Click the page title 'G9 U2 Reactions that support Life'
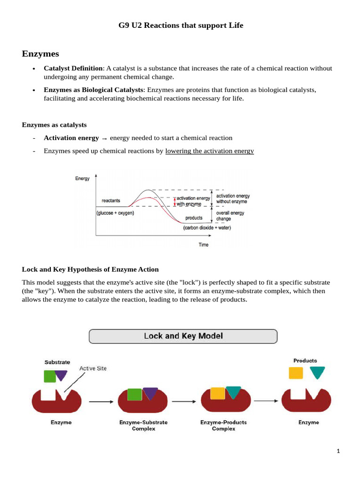click(181, 25)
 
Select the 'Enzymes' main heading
click(40, 54)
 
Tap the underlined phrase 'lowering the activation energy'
click(209, 151)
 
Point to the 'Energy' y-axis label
click(82, 179)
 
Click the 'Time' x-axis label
click(203, 245)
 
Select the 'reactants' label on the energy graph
click(111, 201)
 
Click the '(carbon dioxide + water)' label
click(207, 228)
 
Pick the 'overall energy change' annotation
click(230, 216)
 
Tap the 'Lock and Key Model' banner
click(183, 336)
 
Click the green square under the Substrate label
click(49, 375)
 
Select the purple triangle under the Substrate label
click(61, 375)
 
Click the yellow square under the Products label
click(296, 373)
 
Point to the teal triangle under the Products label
click(317, 373)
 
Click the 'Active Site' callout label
click(93, 368)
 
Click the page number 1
click(338, 451)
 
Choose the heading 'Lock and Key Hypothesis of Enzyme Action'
click(90, 269)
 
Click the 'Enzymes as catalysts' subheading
click(54, 125)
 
